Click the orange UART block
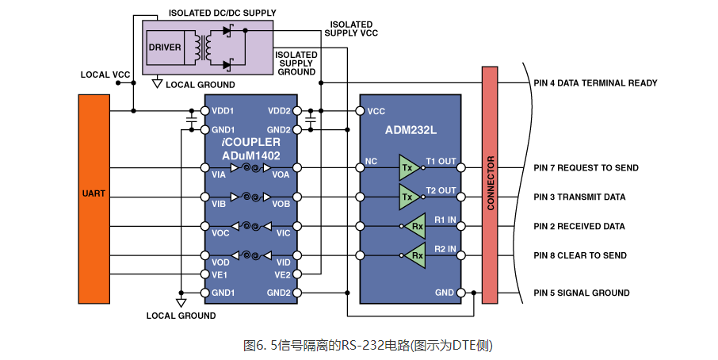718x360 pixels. (94, 198)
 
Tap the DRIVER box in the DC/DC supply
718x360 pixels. (164, 48)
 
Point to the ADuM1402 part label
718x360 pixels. (251, 155)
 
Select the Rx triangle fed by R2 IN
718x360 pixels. (415, 255)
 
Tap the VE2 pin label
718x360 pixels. (281, 275)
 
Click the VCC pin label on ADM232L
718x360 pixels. (376, 112)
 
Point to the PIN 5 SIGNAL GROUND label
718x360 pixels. (582, 293)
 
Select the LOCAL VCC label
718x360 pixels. (105, 75)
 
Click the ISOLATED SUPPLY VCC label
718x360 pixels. (351, 29)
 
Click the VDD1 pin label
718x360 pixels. (223, 112)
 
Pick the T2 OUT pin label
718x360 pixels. (441, 190)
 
